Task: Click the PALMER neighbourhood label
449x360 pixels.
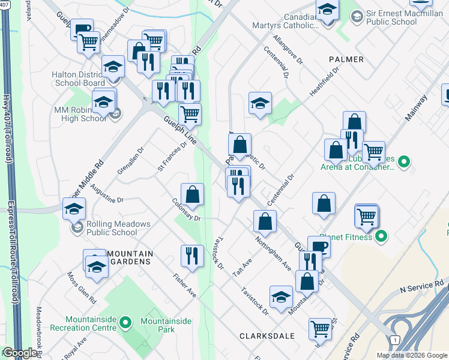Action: pos(346,59)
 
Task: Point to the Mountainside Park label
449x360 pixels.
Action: pos(166,325)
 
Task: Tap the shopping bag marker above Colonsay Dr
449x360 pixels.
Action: pos(192,194)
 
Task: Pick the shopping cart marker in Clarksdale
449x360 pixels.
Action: pos(321,329)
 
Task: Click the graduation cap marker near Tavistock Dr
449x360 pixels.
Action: pos(281,297)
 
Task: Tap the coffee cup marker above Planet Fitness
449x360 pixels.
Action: pos(319,246)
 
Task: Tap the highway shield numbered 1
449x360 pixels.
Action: pos(394,340)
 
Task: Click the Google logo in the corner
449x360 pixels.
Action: pos(20,353)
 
